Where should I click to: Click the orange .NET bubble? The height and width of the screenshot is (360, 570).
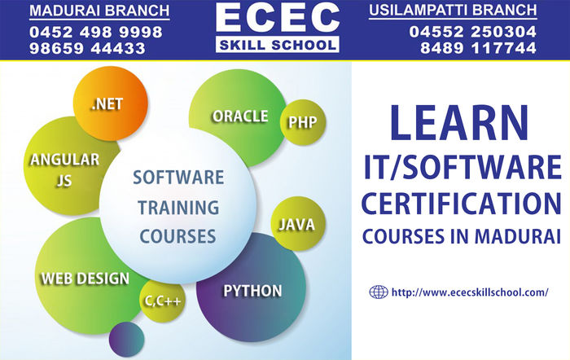click(111, 103)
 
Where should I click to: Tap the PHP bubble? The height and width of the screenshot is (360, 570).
click(303, 122)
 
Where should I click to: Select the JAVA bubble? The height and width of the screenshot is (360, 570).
click(298, 224)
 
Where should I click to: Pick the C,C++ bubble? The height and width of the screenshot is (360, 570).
click(163, 301)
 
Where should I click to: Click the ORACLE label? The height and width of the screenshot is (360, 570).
click(240, 116)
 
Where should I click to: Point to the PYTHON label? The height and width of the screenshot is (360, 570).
click(252, 291)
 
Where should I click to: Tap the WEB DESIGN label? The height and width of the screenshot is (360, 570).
click(85, 279)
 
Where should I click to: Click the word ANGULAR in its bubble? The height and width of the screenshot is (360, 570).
click(64, 160)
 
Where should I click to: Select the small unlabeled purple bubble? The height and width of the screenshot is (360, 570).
click(126, 340)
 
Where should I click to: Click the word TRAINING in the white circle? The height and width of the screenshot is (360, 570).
click(178, 208)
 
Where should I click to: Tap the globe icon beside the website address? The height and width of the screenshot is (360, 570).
click(379, 292)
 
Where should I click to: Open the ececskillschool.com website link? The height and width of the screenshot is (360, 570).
click(470, 292)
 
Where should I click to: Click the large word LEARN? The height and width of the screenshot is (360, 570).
click(459, 122)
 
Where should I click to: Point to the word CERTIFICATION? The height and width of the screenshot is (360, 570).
click(462, 204)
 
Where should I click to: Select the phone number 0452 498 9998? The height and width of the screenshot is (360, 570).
click(96, 32)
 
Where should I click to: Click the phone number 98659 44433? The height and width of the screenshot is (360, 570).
click(87, 48)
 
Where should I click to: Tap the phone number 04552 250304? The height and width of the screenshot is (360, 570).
click(472, 32)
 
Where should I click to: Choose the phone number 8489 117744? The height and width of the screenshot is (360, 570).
click(478, 48)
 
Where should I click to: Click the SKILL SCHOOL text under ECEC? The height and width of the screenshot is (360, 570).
click(278, 45)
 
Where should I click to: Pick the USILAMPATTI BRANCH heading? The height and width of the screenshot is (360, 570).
click(453, 11)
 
